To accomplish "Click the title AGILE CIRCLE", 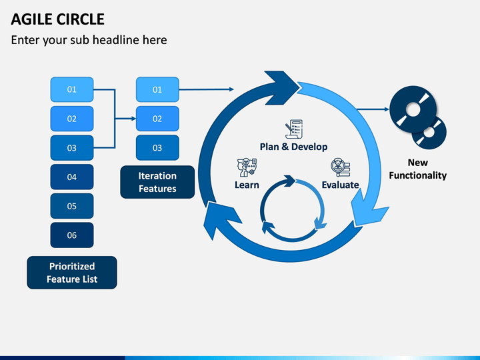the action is pyautogui.click(x=57, y=19).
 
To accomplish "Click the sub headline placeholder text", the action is pyautogui.click(x=89, y=40).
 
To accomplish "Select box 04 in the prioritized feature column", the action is pyautogui.click(x=72, y=177).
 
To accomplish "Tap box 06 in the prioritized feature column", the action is pyautogui.click(x=72, y=235).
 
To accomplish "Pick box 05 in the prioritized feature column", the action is pyautogui.click(x=72, y=206).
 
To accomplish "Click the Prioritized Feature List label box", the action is pyautogui.click(x=72, y=273).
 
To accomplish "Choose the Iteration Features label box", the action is pyautogui.click(x=157, y=182).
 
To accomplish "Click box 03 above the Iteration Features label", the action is pyautogui.click(x=157, y=148).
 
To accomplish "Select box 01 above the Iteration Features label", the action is pyautogui.click(x=157, y=89).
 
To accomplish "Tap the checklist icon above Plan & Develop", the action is pyautogui.click(x=294, y=129).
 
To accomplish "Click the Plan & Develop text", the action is pyautogui.click(x=293, y=147).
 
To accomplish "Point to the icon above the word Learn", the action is pyautogui.click(x=247, y=167).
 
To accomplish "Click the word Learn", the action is pyautogui.click(x=247, y=185).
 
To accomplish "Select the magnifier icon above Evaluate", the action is pyautogui.click(x=340, y=167).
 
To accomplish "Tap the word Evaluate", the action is pyautogui.click(x=340, y=185).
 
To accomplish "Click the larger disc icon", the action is pyautogui.click(x=413, y=109).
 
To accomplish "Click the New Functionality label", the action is pyautogui.click(x=417, y=169).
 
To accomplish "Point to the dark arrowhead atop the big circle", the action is pyautogui.click(x=281, y=88).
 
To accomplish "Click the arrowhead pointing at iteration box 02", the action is pyautogui.click(x=134, y=119).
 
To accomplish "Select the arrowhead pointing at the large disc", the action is pyautogui.click(x=387, y=109).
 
